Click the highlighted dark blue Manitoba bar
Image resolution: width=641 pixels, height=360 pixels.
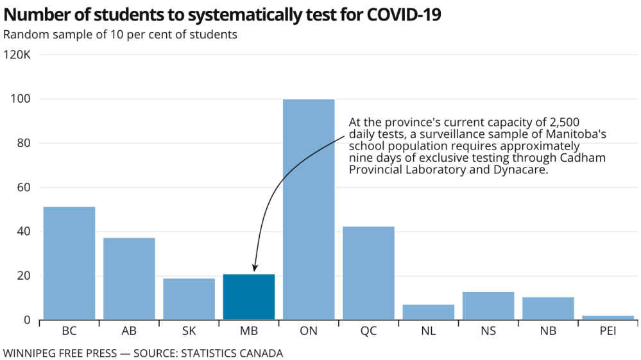tap(249, 296)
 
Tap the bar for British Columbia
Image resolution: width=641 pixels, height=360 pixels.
tap(69, 263)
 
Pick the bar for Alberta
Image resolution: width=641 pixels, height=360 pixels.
tap(129, 279)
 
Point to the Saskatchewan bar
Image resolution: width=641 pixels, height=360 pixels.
tap(189, 298)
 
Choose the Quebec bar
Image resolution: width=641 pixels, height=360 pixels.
tap(368, 273)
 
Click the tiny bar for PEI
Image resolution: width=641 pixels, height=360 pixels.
tap(608, 317)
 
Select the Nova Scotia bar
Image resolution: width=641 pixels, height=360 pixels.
tap(488, 305)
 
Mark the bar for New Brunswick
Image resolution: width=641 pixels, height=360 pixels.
tap(548, 308)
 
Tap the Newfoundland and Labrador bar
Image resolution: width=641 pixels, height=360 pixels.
tap(428, 312)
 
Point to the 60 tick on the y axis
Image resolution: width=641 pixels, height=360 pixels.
tap(24, 187)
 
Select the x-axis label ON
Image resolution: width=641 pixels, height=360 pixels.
tap(309, 332)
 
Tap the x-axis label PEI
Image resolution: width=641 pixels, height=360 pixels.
tap(608, 332)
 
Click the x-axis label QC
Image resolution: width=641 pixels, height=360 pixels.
tap(368, 332)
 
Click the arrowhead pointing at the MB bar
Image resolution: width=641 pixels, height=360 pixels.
tap(255, 268)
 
